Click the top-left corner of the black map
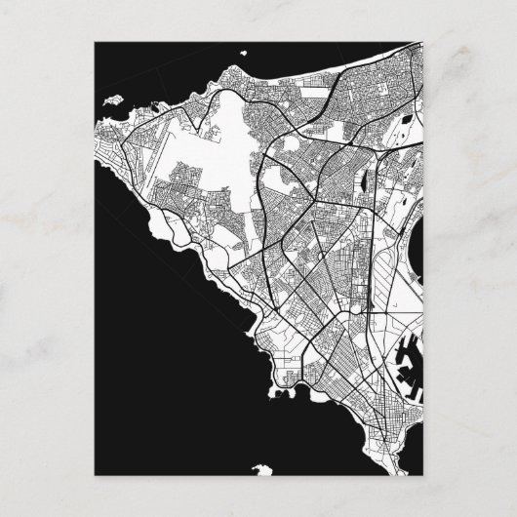[x=95, y=44]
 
